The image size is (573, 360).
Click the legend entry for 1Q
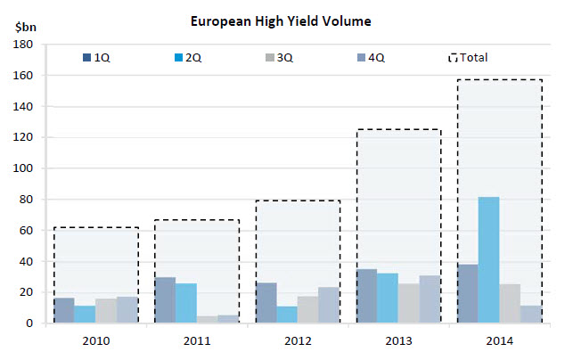pos(95,58)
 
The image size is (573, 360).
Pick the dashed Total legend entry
pos(467,58)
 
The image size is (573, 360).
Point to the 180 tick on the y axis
pos(24,45)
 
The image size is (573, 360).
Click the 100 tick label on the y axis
pos(24,168)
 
